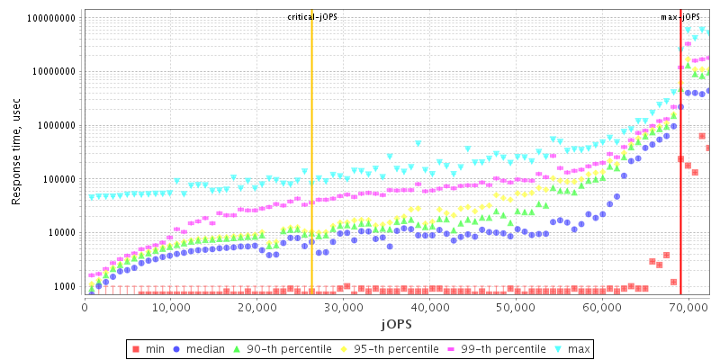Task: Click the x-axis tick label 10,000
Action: tap(170, 307)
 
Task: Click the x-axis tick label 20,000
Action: tap(256, 307)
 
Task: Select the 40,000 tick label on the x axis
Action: tap(429, 307)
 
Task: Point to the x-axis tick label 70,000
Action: tap(688, 307)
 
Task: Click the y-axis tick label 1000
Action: tap(66, 287)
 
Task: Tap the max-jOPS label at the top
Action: tap(679, 17)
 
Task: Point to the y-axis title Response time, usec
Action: tap(16, 153)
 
